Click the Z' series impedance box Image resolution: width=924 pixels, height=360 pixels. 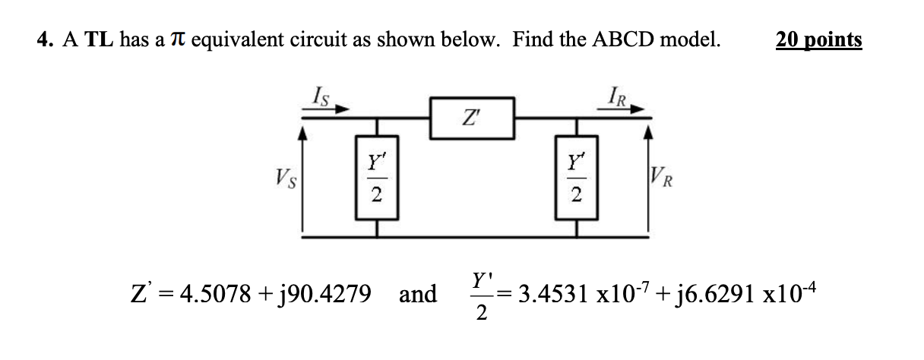pos(473,118)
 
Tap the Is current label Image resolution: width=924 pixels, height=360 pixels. pos(321,96)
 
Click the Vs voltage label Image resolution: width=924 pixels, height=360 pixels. pos(287,182)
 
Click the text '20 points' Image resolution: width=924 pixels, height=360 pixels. pos(818,39)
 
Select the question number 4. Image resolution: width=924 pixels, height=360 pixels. pos(43,39)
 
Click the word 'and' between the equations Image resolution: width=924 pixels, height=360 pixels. pos(418,294)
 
